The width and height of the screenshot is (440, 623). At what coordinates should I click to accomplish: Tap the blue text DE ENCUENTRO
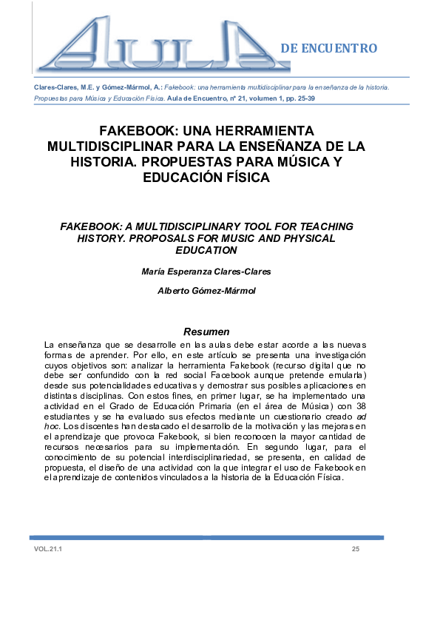pos(329,49)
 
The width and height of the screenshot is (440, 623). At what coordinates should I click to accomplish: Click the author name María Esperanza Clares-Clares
pos(206,272)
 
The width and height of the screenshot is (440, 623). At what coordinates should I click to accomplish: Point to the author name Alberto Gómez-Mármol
pos(206,291)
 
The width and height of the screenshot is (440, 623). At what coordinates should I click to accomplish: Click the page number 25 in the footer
pos(356,549)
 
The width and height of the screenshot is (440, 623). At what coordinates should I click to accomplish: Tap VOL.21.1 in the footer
pos(48,549)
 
